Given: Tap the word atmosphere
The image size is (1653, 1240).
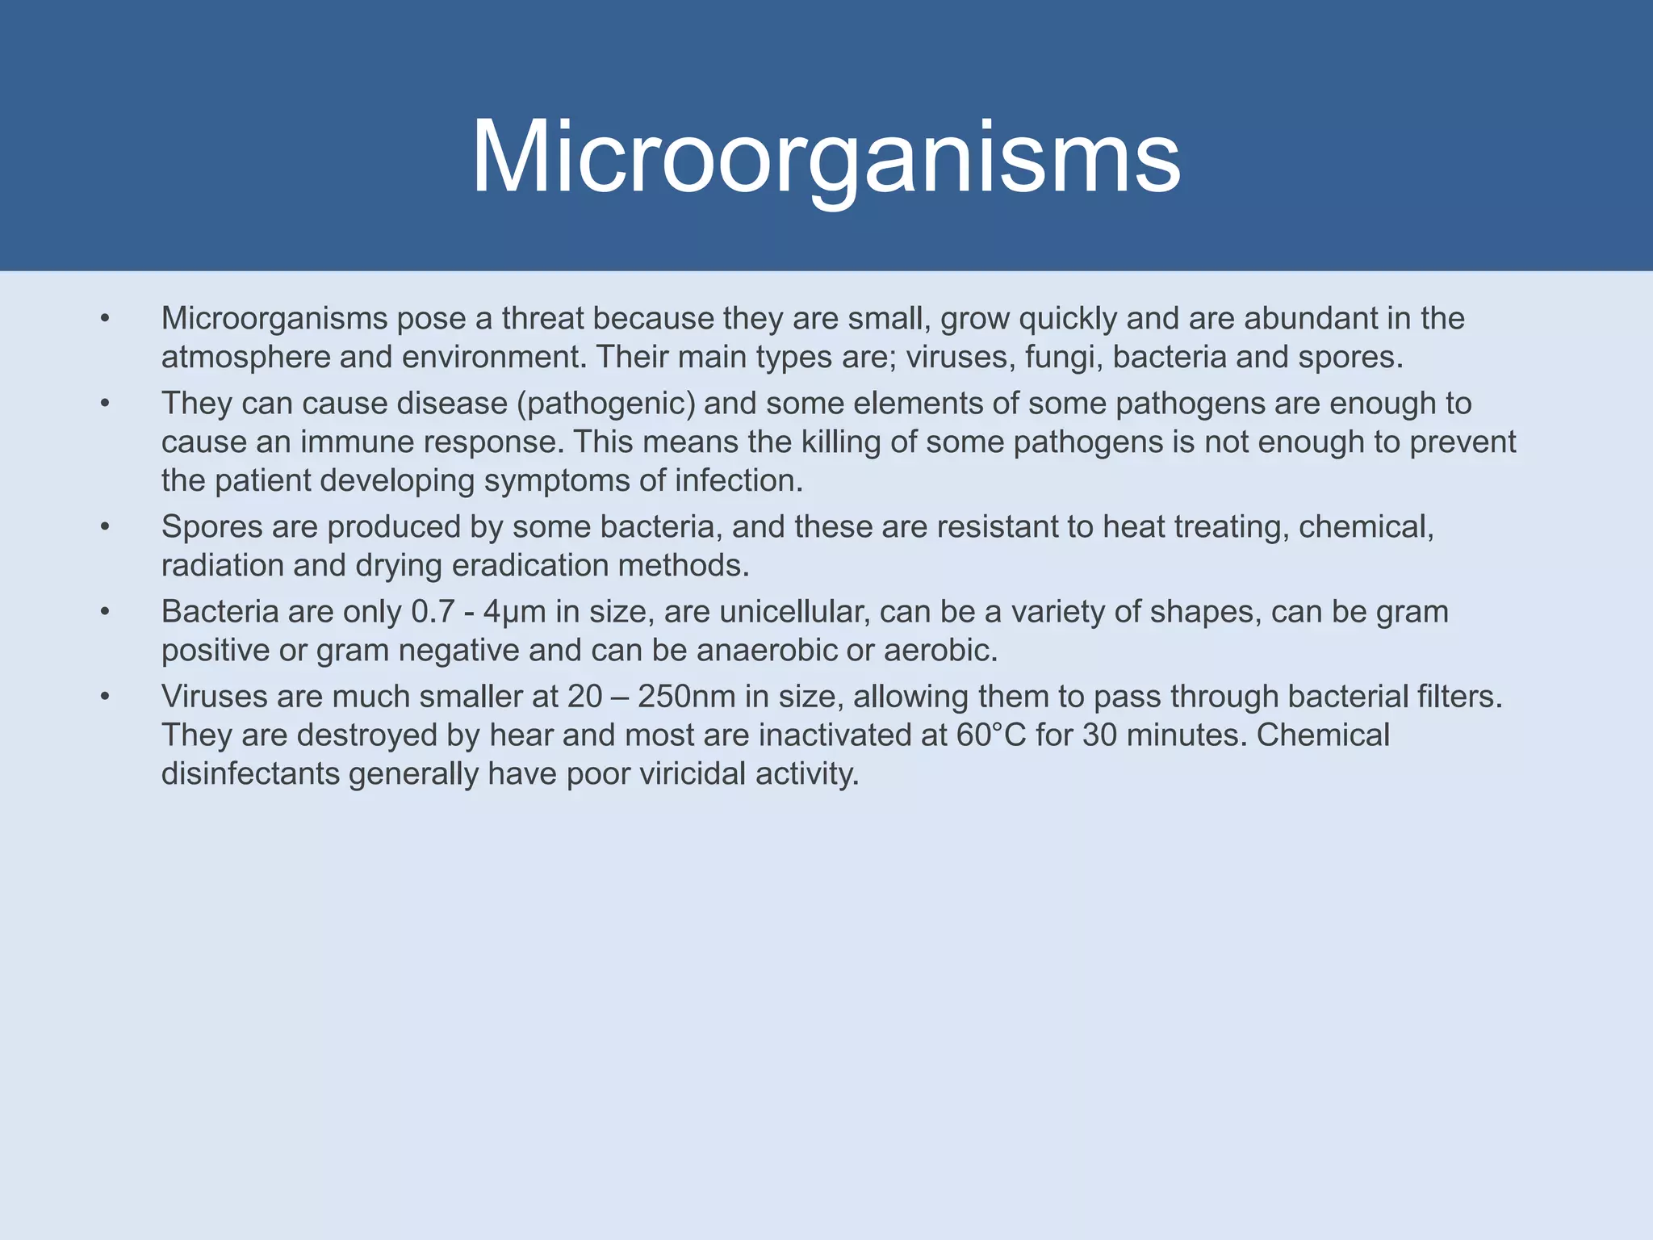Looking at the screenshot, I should point(245,357).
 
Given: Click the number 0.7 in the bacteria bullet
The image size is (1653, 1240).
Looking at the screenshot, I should point(433,612).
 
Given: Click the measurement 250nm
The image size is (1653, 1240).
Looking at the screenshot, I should point(686,697).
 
